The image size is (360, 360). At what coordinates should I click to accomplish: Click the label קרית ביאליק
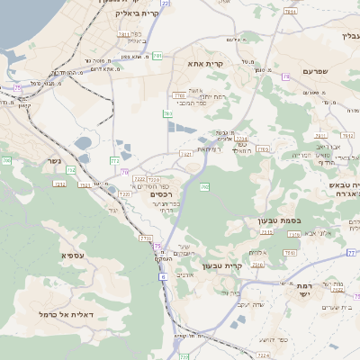[x=138, y=14]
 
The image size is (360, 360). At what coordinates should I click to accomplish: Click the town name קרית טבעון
[x=222, y=265]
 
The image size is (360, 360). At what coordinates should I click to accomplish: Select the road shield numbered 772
[x=115, y=160]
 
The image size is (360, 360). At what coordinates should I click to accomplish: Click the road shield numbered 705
[x=6, y=160]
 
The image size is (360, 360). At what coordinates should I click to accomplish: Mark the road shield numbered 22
[x=166, y=4]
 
